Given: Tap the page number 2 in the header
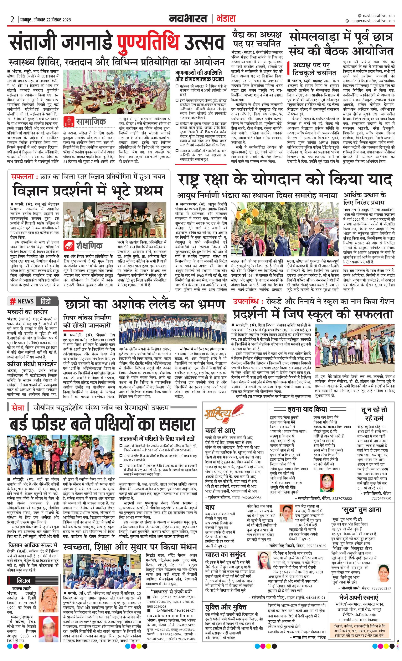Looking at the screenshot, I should coord(12,20).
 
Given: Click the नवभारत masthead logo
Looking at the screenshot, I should coord(188,19).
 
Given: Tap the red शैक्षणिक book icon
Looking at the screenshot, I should coord(69,245).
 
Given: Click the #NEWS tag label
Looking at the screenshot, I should coord(22,301).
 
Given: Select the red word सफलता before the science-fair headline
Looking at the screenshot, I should coord(22,176).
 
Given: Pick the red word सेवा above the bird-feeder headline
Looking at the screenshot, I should coord(18,407).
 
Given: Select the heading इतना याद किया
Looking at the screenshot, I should coord(307,409).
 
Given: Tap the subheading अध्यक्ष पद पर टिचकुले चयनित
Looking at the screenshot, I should coord(314,69).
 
